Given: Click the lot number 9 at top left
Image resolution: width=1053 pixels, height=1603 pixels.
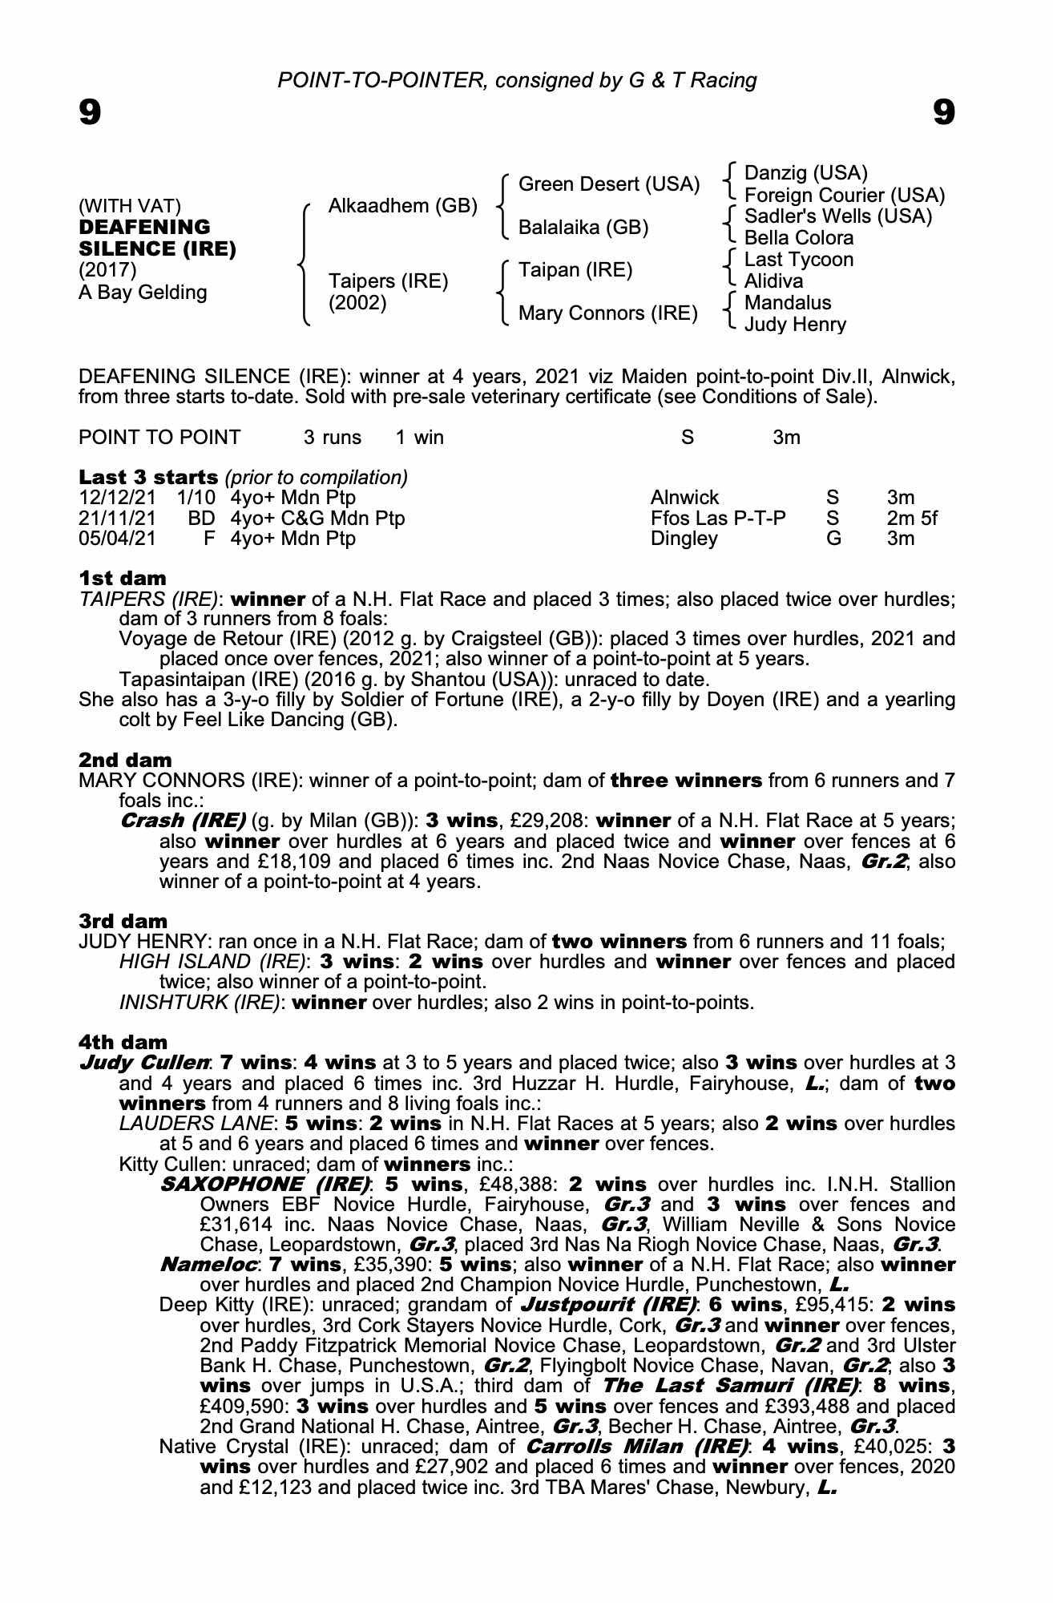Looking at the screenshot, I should click(x=90, y=112).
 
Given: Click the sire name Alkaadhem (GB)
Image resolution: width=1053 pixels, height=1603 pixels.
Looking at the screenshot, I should click(x=402, y=206).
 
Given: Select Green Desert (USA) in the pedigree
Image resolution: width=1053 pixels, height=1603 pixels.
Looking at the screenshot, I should click(x=609, y=184).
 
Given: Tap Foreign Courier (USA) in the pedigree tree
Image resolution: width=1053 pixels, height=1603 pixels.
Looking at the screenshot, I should click(x=845, y=196).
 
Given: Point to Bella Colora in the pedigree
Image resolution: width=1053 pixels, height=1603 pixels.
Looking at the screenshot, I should click(x=799, y=238).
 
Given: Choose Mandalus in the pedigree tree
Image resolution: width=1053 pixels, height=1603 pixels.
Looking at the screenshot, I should click(x=788, y=303).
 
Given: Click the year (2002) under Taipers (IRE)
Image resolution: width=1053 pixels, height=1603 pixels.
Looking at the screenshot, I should click(x=357, y=303).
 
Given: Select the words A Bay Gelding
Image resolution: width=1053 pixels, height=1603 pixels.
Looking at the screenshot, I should click(x=143, y=293).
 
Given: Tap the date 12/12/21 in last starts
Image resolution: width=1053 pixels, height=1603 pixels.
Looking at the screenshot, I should click(x=117, y=498).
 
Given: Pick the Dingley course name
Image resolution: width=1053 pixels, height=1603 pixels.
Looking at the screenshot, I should click(x=684, y=539).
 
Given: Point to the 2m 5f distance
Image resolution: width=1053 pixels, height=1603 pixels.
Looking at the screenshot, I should click(x=912, y=519).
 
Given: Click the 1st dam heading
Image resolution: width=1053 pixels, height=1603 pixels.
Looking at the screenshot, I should click(x=123, y=578).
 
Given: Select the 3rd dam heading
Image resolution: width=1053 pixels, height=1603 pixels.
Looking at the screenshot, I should click(x=123, y=921).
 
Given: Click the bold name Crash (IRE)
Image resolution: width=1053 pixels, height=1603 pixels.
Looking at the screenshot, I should click(x=183, y=821).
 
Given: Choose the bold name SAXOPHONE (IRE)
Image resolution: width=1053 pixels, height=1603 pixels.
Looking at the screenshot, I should click(x=265, y=1184).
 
